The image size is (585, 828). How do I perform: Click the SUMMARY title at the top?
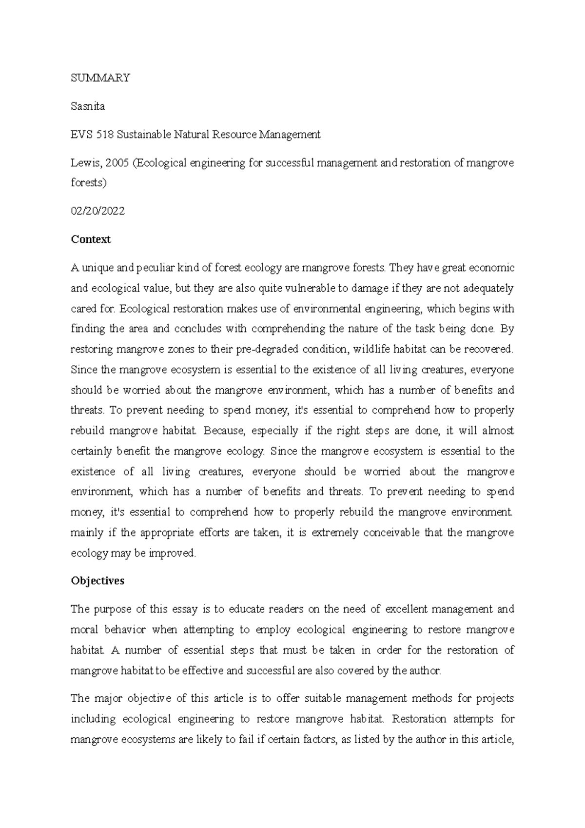tap(100, 78)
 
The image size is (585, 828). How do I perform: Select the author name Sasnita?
tap(88, 106)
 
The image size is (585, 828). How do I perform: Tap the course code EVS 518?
tap(92, 135)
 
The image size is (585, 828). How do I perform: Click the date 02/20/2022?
tap(97, 211)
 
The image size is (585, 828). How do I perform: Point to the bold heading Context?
tap(91, 239)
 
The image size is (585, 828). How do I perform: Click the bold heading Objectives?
tap(97, 581)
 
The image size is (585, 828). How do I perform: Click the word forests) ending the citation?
tap(88, 183)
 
